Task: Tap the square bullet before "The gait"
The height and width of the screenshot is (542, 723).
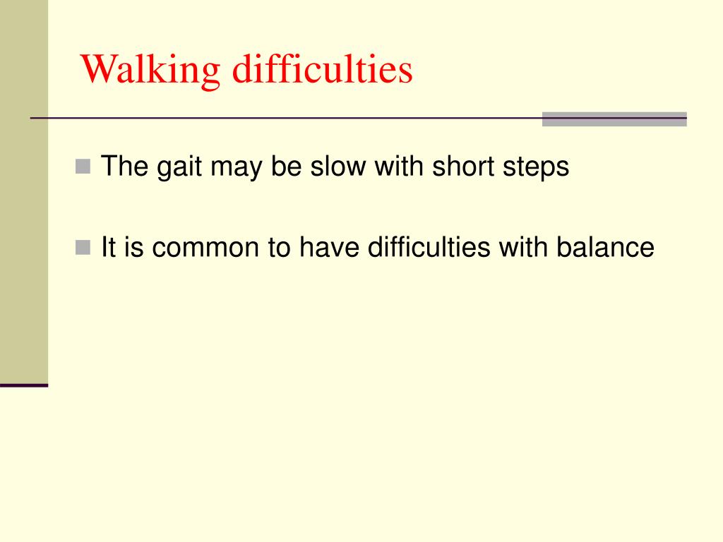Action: (83, 167)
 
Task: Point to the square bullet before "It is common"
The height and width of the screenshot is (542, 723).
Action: (83, 248)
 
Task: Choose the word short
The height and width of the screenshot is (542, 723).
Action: (461, 167)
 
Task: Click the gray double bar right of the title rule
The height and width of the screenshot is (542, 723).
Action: (614, 119)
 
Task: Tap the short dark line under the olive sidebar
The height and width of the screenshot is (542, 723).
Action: (24, 385)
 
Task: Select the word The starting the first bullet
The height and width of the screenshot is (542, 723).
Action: (123, 167)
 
